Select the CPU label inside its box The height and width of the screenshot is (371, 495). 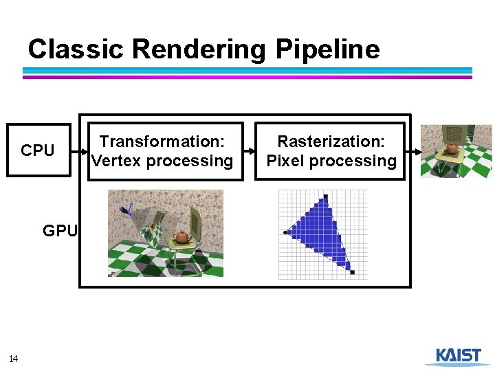38,150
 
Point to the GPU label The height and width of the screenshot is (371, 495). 60,231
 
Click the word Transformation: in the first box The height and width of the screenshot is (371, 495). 162,142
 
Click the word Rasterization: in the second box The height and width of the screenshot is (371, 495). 331,142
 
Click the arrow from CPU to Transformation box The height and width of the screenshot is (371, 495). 80,151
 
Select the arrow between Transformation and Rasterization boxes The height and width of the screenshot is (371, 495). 249,151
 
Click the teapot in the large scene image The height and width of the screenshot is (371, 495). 181,236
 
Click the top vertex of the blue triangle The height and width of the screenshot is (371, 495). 326,198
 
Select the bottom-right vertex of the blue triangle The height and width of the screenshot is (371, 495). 352,273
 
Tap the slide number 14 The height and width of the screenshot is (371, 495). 14,358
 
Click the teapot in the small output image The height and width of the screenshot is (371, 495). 452,148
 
